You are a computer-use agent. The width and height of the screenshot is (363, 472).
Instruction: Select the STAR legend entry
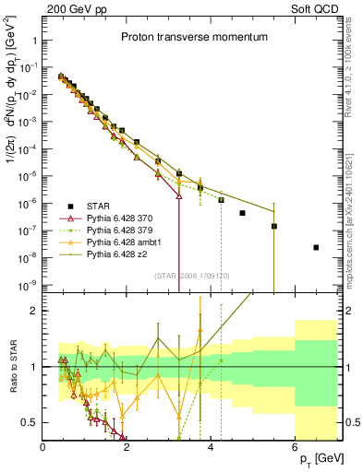click(x=102, y=206)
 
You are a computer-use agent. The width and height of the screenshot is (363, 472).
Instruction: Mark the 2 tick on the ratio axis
click(x=34, y=311)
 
